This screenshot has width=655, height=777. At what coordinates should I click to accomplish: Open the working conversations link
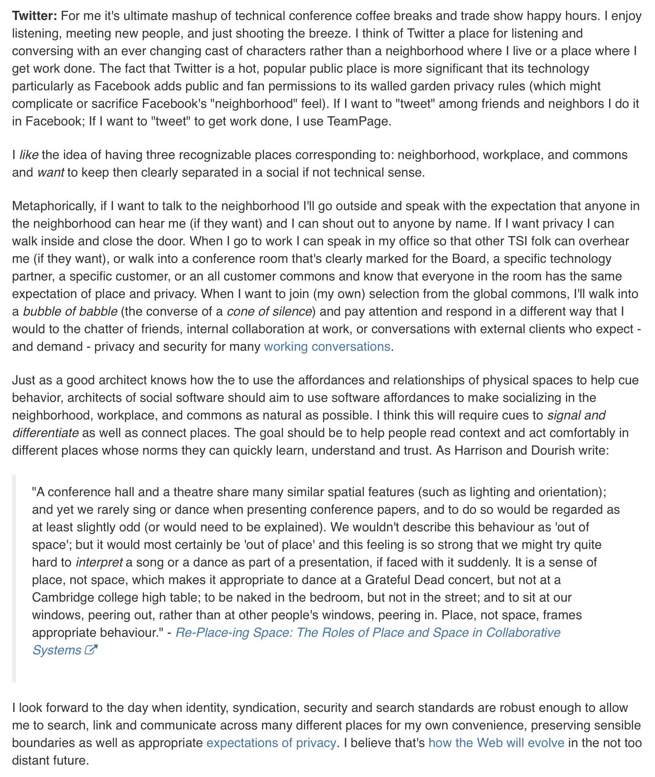[x=327, y=346]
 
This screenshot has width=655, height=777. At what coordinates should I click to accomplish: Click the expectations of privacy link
[x=271, y=743]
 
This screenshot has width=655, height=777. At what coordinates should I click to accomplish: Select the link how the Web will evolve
[x=496, y=743]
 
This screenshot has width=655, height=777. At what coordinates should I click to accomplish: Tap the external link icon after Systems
[x=91, y=650]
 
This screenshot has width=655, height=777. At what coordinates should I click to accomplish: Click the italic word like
[x=29, y=155]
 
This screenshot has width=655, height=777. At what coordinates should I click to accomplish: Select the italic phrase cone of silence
[x=269, y=311]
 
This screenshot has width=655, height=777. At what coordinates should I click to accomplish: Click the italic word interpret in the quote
[x=99, y=562]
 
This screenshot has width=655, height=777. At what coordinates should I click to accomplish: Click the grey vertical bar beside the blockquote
[x=14, y=579]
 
